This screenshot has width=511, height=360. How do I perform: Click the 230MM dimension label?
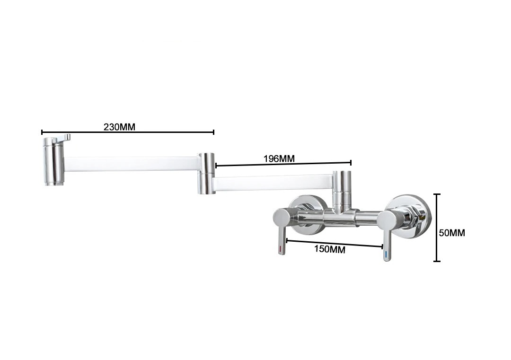(119, 127)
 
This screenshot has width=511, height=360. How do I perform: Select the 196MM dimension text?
(279, 158)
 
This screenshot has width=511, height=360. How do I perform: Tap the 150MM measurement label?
(329, 249)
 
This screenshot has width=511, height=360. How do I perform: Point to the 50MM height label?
(452, 233)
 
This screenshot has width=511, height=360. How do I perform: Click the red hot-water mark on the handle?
(281, 250)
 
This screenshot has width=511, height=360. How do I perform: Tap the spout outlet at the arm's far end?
(54, 162)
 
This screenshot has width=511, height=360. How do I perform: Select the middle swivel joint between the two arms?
(206, 173)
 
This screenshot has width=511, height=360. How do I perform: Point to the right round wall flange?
(408, 217)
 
